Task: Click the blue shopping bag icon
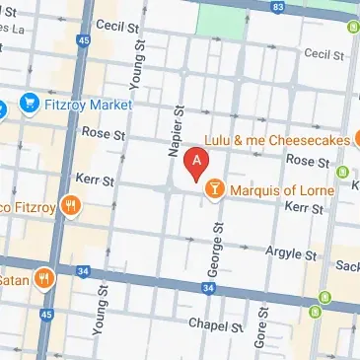click(x=28, y=103)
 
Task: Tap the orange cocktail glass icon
click(x=214, y=186)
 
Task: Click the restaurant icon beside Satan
click(x=43, y=278)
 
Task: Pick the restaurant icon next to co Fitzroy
click(x=69, y=206)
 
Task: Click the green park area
click(x=224, y=17)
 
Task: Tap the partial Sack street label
click(x=346, y=266)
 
